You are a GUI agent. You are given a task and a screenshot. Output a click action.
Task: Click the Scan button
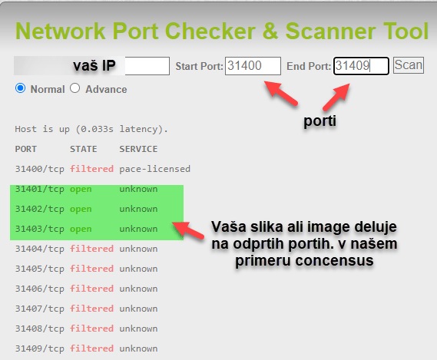[x=409, y=65]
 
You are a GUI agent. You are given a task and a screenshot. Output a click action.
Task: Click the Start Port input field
[x=253, y=66]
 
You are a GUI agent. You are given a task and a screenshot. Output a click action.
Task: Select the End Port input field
[x=361, y=66]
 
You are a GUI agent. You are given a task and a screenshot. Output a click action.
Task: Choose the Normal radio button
[x=20, y=88]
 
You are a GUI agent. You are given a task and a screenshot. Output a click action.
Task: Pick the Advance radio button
[x=75, y=88]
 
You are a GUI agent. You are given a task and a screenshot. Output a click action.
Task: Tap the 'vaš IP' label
[x=94, y=66]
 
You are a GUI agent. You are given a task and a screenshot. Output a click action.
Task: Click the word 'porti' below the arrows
[x=319, y=121]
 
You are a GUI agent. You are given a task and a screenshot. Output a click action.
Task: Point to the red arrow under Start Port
[x=281, y=93]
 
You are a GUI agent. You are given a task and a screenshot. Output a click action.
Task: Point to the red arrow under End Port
[x=336, y=97]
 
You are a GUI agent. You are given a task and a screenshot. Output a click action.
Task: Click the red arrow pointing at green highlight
[x=188, y=230]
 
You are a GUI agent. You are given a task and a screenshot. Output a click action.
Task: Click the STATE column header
[x=84, y=149]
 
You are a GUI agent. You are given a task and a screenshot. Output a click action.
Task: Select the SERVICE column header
[x=138, y=149]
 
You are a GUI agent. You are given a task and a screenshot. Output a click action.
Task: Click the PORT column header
[x=25, y=149]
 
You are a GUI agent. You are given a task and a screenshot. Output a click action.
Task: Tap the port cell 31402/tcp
[x=40, y=209]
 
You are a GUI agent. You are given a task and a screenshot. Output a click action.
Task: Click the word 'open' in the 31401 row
[x=81, y=189]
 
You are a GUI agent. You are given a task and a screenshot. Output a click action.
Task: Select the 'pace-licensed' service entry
[x=155, y=169]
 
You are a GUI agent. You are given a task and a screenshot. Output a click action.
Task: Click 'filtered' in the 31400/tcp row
[x=91, y=169]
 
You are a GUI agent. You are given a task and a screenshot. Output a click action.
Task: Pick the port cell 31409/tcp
[x=40, y=348]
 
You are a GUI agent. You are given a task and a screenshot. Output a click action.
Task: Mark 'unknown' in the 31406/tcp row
[x=138, y=289]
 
